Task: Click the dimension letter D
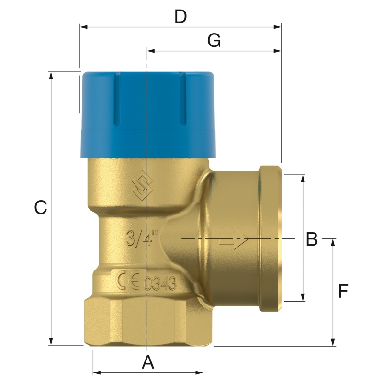click(180, 17)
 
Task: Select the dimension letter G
click(214, 41)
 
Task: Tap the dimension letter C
click(41, 208)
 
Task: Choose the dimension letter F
click(343, 291)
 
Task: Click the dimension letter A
click(148, 362)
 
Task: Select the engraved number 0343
click(160, 283)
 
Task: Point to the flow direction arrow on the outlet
click(234, 238)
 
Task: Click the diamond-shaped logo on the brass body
click(142, 186)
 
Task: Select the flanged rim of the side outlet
click(270, 238)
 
